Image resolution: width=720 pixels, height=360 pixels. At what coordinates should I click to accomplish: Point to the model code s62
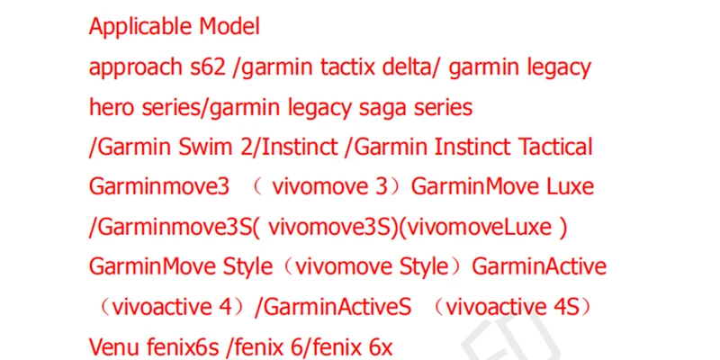click(x=208, y=67)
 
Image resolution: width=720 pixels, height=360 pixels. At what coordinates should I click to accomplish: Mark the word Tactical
click(x=551, y=148)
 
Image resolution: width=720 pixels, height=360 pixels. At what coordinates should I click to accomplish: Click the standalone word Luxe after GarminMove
click(x=570, y=187)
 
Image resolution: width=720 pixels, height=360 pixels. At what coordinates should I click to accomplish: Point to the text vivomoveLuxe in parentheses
click(x=481, y=227)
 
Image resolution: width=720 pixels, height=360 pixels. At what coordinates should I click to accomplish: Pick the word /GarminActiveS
click(x=333, y=307)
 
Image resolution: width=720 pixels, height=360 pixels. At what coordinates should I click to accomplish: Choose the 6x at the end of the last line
click(x=378, y=346)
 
